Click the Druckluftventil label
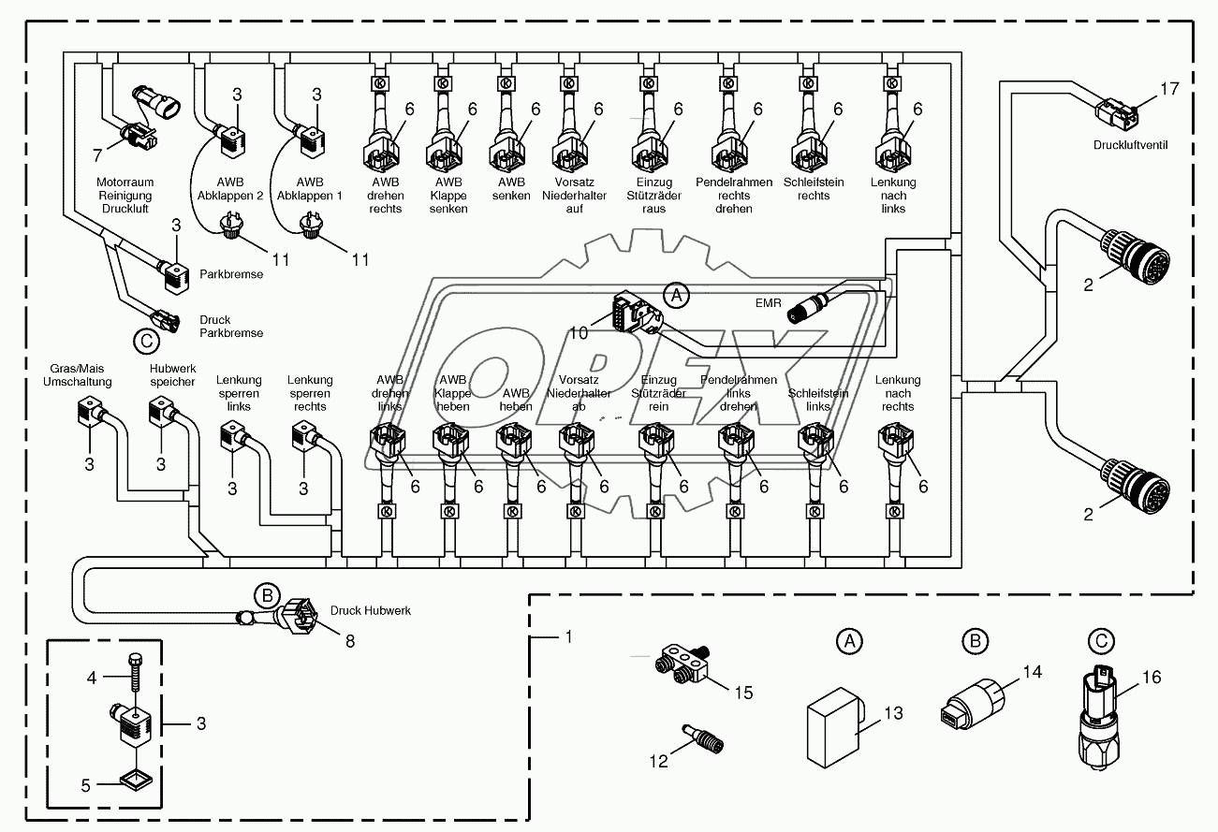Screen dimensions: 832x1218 tap(1129, 146)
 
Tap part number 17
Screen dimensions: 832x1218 tap(1169, 90)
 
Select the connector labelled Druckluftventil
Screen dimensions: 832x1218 tap(1116, 115)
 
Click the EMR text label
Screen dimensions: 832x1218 tap(769, 303)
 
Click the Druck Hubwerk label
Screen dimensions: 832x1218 tap(370, 610)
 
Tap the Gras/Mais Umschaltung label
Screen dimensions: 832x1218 tap(77, 375)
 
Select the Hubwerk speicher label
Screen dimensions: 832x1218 tap(172, 375)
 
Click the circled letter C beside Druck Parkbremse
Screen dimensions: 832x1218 tap(146, 343)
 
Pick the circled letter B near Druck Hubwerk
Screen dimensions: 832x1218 tap(267, 594)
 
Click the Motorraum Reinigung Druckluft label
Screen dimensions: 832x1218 tap(124, 196)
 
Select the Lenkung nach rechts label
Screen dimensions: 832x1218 tap(897, 393)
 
